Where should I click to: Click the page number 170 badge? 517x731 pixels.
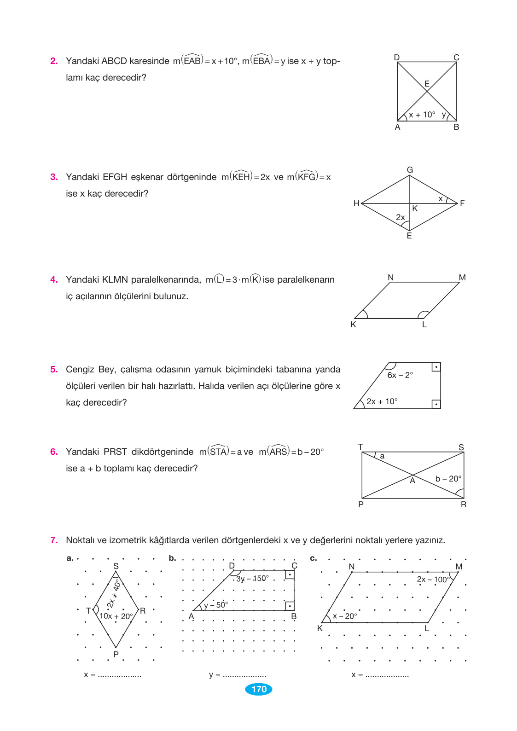[259, 689]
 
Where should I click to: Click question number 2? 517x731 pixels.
[54, 61]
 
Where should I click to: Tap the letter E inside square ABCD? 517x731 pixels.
[427, 84]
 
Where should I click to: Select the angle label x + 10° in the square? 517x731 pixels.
[422, 115]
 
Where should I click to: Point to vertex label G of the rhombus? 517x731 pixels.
[410, 170]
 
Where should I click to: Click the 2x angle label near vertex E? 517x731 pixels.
[401, 217]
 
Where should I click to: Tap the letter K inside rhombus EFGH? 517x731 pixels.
[415, 209]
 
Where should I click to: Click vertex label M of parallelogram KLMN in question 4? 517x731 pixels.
[462, 278]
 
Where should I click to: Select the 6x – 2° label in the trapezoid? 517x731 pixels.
[400, 375]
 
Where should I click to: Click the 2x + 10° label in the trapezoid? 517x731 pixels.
[382, 401]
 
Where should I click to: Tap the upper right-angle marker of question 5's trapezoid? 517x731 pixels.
[436, 367]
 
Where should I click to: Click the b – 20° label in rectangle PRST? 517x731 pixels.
[448, 479]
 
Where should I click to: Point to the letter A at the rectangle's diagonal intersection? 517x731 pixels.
[412, 481]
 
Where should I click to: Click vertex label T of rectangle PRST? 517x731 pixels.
[360, 447]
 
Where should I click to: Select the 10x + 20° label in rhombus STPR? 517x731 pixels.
[116, 616]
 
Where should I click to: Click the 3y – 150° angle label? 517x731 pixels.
[252, 579]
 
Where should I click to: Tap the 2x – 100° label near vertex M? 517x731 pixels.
[433, 580]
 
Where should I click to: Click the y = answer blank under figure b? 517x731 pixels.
[244, 675]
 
